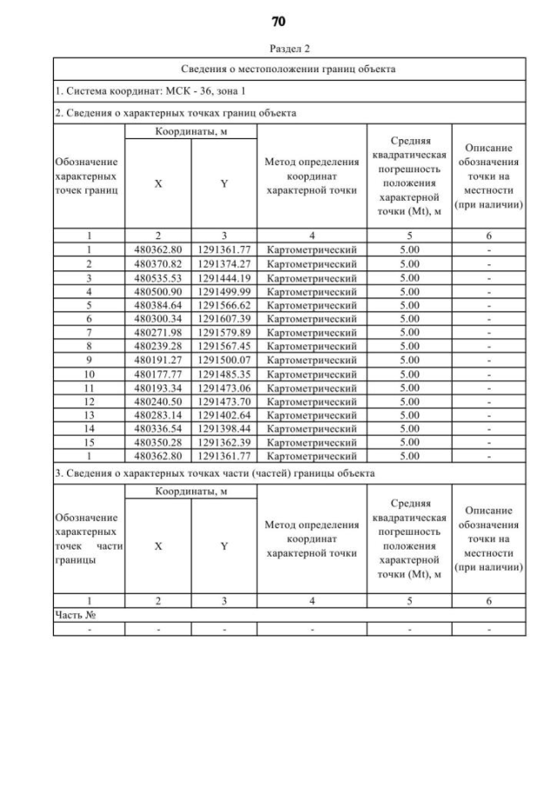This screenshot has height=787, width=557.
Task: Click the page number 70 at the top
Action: click(x=278, y=20)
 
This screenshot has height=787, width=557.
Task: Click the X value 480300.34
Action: click(x=158, y=318)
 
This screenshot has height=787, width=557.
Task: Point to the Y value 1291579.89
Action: click(x=224, y=332)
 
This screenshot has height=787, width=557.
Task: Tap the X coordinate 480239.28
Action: click(x=158, y=345)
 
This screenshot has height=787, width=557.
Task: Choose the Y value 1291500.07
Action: click(x=224, y=359)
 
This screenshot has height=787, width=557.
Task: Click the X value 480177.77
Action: click(x=158, y=373)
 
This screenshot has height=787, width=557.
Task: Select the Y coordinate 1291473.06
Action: click(x=224, y=387)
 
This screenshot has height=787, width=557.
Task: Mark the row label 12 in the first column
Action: click(x=89, y=400)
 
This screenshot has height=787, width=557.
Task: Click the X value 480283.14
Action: click(x=158, y=414)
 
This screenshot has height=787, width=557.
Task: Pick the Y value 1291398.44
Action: click(x=224, y=428)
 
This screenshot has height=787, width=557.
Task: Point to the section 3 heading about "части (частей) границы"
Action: click(x=215, y=473)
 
